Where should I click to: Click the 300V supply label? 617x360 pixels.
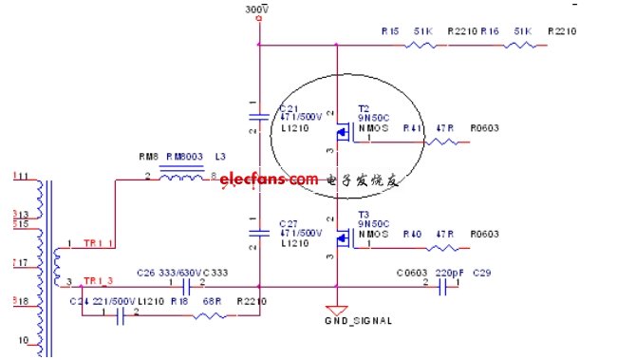pos(255,9)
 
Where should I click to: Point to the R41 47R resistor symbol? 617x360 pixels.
pos(442,142)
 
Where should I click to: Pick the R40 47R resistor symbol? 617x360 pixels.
pos(442,248)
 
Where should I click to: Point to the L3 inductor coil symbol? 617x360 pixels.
pos(181,175)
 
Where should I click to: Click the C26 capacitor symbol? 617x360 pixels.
pos(186,285)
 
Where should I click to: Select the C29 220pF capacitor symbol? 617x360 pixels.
pos(441,285)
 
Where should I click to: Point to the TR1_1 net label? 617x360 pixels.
pos(99,244)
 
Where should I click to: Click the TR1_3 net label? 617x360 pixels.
pos(99,280)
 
